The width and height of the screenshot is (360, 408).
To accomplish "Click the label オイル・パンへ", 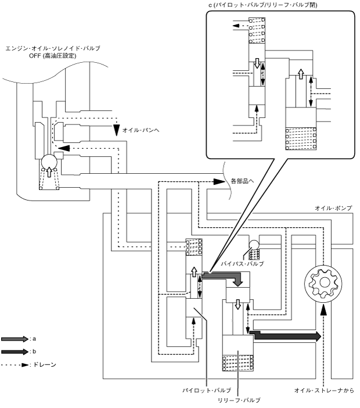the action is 141,130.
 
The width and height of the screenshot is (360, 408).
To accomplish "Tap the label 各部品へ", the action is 242,181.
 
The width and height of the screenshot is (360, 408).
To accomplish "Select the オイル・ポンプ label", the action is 333,208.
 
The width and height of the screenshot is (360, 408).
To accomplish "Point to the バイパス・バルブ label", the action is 242,264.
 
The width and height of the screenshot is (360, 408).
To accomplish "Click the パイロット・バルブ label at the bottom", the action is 207,391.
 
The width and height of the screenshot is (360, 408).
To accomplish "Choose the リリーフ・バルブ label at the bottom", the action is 239,400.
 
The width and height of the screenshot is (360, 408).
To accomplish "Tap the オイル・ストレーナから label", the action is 324,391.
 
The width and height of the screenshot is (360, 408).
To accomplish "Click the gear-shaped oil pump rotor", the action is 323,284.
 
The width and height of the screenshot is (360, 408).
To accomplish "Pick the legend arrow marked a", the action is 15,339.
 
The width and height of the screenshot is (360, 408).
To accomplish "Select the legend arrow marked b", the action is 15,352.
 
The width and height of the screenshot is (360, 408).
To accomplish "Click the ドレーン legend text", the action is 45,364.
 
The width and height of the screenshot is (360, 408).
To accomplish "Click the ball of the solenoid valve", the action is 49,162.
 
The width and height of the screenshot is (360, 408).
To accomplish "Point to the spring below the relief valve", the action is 238,363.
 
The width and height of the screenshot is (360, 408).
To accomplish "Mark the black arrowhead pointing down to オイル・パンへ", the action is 117,130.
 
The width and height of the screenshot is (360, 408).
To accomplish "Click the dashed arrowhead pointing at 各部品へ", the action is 219,181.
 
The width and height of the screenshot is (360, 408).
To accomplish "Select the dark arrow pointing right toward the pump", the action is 285,336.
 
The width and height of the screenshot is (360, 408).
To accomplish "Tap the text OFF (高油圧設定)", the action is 53,56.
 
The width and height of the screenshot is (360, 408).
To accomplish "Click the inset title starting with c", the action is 263,5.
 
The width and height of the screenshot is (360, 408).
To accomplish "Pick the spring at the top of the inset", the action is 257,30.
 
